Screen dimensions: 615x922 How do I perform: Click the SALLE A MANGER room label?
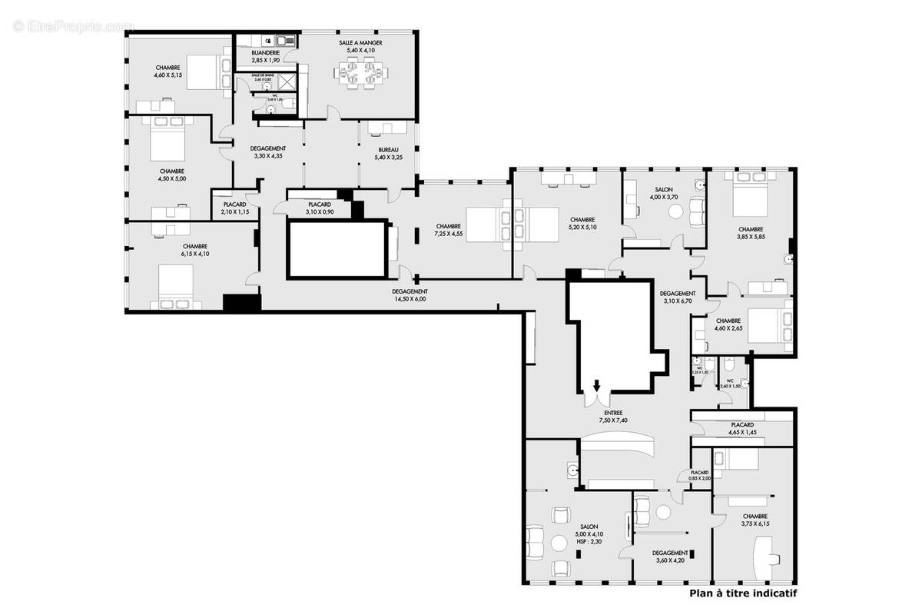pyautogui.click(x=360, y=43)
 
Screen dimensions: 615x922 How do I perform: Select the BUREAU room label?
pyautogui.click(x=388, y=150)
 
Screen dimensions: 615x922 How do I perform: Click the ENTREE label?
pyautogui.click(x=612, y=412)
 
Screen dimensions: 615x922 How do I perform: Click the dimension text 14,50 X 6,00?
pyautogui.click(x=409, y=300)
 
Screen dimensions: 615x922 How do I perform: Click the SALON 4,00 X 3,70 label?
pyautogui.click(x=663, y=193)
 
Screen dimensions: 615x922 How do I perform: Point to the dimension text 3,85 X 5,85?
pyautogui.click(x=751, y=238)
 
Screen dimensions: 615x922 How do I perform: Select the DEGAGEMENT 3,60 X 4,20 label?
pyautogui.click(x=669, y=556)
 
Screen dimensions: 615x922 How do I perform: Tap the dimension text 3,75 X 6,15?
pyautogui.click(x=755, y=524)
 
